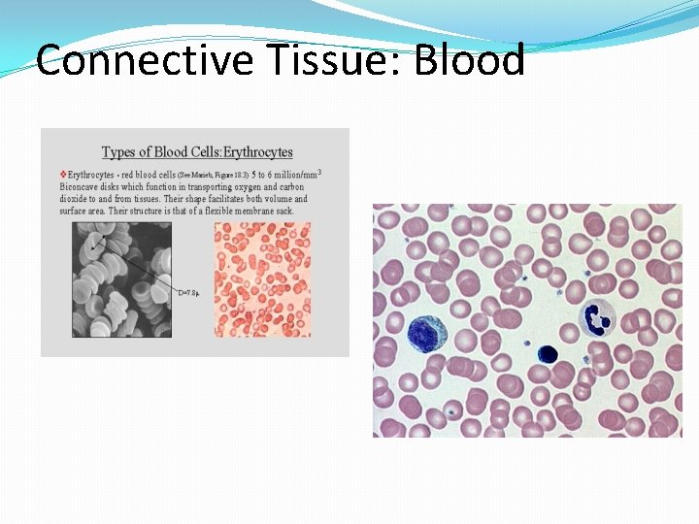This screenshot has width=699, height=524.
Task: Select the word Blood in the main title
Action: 470,60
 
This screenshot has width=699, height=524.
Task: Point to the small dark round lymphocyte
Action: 546,355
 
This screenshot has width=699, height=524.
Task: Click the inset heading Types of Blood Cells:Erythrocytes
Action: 197,152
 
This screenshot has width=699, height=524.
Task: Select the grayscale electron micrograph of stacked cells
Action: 121,279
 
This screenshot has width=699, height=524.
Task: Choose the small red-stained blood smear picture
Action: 262,279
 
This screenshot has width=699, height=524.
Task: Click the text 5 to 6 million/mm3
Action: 287,175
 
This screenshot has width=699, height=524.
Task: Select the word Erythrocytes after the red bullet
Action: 92,175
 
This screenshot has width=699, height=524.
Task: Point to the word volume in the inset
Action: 275,199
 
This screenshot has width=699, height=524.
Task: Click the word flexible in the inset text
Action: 216,211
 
